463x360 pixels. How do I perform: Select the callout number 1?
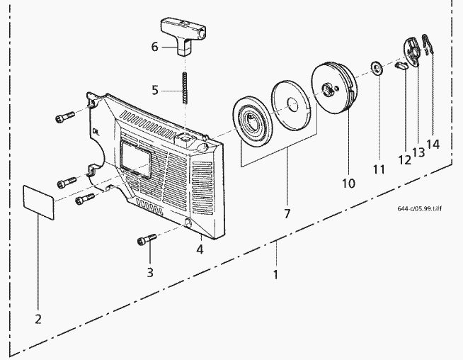275,272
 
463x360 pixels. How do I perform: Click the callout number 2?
38,318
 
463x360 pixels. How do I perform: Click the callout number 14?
433,144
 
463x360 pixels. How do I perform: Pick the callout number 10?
348,184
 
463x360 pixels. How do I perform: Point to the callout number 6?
154,47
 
